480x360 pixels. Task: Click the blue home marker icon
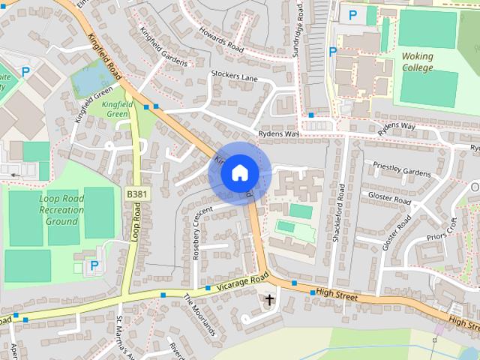(239, 173)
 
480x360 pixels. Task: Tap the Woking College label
(417, 61)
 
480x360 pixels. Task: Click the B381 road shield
(136, 195)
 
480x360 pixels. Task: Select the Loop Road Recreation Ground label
(61, 210)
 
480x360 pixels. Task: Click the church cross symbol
(269, 301)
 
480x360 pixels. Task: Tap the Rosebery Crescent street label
(198, 233)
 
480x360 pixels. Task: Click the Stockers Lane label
(234, 76)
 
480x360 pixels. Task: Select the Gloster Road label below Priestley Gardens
(389, 198)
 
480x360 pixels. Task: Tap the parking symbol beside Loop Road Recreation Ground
(94, 265)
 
